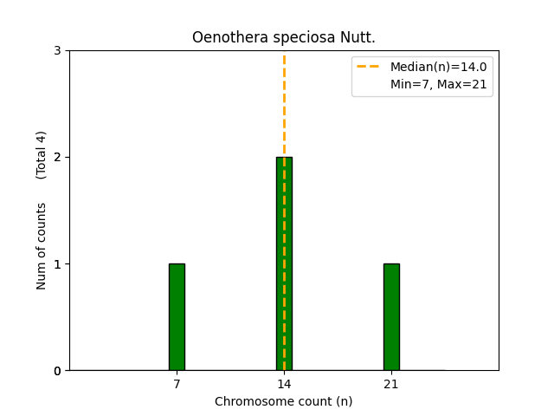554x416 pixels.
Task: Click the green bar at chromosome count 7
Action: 177,317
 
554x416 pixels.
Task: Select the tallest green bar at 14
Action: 284,263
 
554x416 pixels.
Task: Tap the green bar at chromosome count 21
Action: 391,317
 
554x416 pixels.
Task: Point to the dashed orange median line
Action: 284,104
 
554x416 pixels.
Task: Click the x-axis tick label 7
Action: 177,384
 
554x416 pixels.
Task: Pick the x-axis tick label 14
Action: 284,384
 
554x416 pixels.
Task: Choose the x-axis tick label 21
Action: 391,384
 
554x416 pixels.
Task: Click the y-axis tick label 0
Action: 57,371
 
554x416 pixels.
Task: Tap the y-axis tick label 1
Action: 57,263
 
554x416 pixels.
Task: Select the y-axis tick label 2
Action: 57,157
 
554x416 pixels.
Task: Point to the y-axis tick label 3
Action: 57,50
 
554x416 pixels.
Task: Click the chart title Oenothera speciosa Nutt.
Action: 284,37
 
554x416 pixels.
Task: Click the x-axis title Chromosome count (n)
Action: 284,401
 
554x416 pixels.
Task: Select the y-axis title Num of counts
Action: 42,246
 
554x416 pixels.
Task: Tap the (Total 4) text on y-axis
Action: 42,155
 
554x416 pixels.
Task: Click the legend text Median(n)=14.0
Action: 438,67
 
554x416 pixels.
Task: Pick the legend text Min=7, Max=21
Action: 438,83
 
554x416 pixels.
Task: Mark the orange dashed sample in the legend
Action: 369,67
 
